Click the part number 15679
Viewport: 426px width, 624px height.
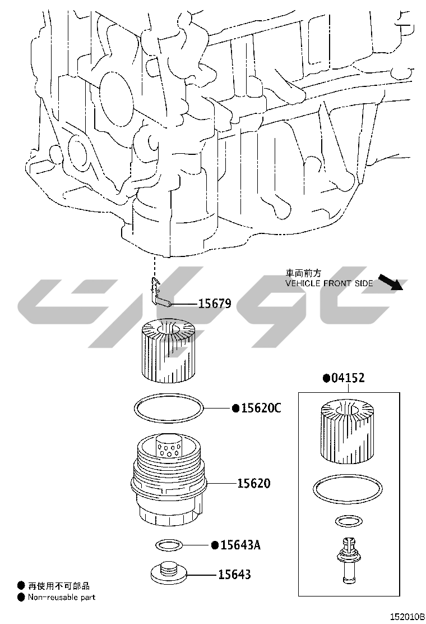(215, 304)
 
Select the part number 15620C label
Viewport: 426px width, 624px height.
(261, 408)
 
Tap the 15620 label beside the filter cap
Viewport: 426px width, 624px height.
(253, 483)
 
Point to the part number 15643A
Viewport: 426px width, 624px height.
(240, 544)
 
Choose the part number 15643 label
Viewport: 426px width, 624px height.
(234, 574)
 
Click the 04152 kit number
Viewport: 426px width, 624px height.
(348, 378)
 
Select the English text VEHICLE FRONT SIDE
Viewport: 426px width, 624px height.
(329, 283)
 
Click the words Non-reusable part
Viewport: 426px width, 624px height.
(62, 597)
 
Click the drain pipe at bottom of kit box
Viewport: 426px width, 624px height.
(348, 561)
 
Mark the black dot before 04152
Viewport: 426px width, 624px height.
(326, 378)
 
